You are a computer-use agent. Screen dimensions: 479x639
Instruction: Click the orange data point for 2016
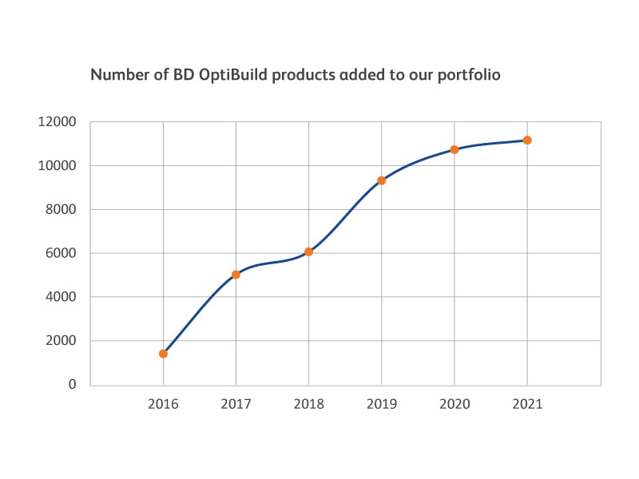(x=163, y=354)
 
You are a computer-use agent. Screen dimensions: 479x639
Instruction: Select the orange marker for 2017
(x=236, y=275)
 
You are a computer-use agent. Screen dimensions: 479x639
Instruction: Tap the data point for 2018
(x=309, y=252)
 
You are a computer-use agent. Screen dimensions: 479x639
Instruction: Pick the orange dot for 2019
(x=382, y=180)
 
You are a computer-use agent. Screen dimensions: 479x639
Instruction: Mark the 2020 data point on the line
(x=454, y=149)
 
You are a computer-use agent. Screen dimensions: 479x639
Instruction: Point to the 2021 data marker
(x=527, y=141)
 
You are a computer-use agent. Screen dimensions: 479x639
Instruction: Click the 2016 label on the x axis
(x=163, y=404)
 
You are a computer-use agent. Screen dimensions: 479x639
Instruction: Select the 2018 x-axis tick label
(x=309, y=404)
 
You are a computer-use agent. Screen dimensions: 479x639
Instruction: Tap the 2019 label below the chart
(x=382, y=404)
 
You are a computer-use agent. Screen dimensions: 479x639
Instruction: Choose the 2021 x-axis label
(x=527, y=404)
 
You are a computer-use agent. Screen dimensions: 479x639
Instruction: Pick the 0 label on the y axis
(x=72, y=385)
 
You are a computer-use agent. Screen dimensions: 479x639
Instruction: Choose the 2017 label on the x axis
(x=236, y=404)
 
